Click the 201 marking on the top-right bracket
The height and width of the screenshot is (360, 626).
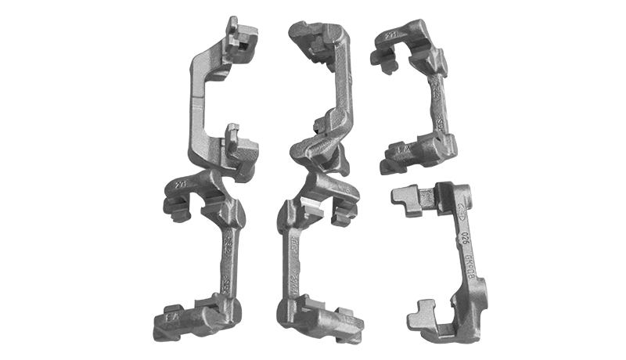388,34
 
